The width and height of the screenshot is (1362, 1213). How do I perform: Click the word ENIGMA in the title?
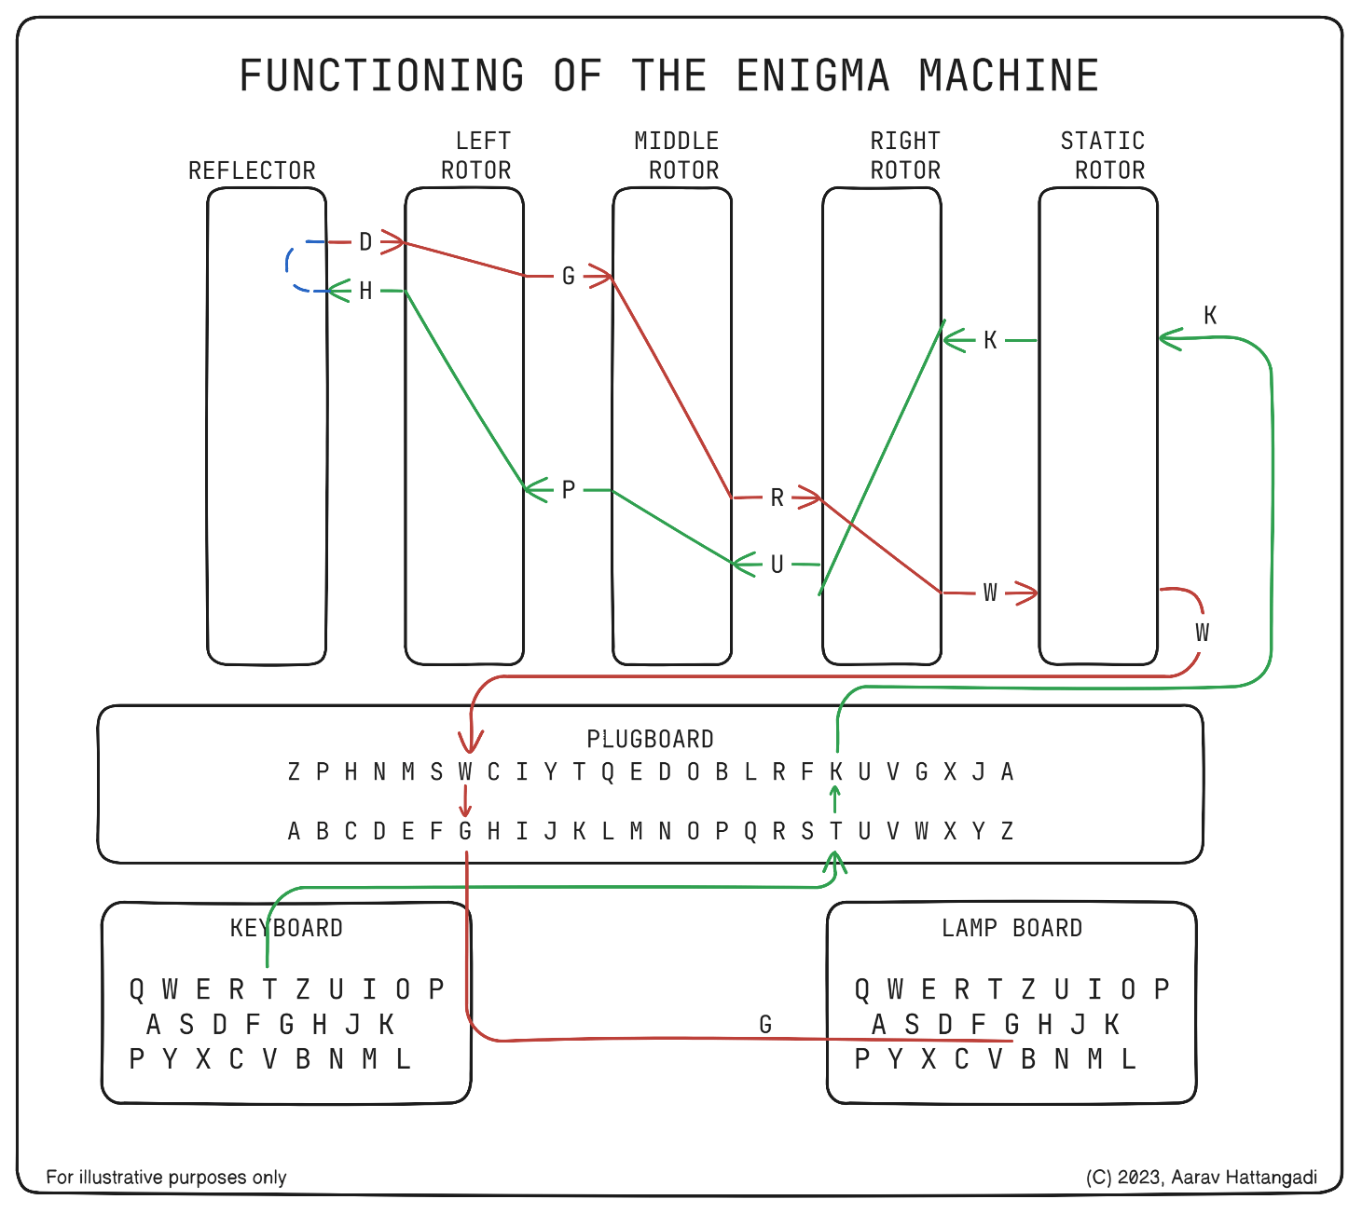813,75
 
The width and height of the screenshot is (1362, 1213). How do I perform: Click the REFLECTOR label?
252,170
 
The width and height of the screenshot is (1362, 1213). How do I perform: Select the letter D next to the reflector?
365,242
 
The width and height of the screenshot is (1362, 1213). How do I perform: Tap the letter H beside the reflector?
365,292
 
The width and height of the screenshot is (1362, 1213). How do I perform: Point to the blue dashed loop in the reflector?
292,267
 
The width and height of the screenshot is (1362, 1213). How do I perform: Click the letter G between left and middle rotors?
568,276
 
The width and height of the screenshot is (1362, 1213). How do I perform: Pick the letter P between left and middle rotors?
568,489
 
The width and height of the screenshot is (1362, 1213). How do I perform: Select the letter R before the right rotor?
777,498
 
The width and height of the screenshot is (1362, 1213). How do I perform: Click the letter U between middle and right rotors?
777,565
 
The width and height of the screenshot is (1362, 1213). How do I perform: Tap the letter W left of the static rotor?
990,593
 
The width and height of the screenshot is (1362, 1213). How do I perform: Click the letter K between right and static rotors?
990,340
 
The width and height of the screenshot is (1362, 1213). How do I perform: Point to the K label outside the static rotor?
1210,315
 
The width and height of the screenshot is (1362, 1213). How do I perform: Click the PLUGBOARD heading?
650,739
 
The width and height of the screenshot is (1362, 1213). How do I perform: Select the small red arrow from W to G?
465,800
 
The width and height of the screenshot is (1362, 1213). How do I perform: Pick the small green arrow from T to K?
835,800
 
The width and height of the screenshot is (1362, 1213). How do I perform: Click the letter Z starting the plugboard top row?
294,771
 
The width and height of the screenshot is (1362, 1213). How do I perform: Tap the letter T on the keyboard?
269,988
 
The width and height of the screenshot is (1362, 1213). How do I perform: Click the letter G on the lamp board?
1011,1025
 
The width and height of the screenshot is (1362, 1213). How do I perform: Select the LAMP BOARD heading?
1011,928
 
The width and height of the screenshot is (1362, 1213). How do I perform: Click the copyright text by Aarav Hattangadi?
1201,1177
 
